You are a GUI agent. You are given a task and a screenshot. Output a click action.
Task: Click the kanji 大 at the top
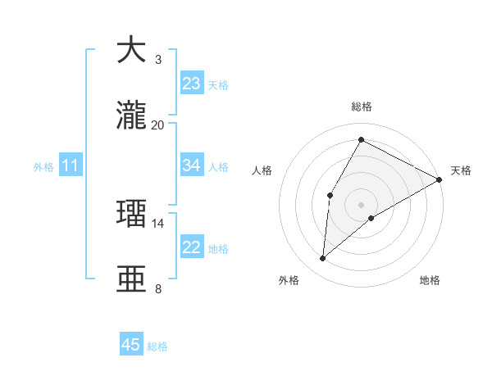pos(131,50)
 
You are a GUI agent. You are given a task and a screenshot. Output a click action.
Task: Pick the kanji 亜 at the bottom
pos(131,279)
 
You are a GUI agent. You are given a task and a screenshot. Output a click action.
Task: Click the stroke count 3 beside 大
pos(158,59)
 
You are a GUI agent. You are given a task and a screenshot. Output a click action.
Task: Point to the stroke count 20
pos(158,125)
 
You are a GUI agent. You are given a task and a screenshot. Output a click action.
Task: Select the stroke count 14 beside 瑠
pos(158,223)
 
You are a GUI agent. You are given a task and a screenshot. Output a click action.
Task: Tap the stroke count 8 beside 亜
pos(158,288)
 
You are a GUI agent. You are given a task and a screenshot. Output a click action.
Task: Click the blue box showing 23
pos(192,84)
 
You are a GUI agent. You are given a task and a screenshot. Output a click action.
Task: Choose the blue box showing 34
pos(192,165)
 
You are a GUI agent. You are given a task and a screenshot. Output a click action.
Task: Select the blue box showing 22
pos(192,247)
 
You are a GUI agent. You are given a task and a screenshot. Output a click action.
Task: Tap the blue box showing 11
pos(71,166)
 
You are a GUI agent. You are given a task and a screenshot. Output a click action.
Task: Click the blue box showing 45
pos(131,345)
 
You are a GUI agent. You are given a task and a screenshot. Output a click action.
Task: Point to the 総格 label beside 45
pos(158,346)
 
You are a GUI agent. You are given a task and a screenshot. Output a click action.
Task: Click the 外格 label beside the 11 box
pos(43,167)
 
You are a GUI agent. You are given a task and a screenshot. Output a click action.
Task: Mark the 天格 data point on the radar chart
pos(440,179)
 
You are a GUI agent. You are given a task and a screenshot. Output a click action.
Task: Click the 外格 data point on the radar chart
pos(323,259)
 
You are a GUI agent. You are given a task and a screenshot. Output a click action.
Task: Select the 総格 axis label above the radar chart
pos(362,106)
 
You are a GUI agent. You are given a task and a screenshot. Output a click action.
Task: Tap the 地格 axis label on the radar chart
pos(430,280)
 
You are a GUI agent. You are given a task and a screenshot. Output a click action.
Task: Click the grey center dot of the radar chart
pos(361,204)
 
